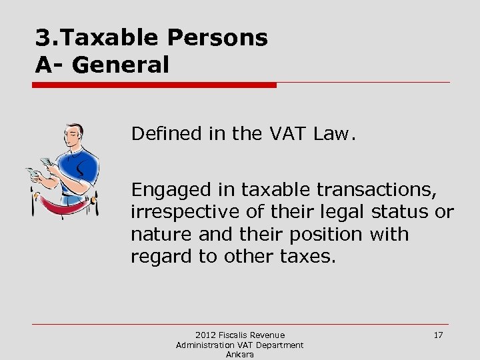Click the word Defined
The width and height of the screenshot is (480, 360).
tap(166, 134)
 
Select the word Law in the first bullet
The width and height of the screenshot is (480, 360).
tap(335, 134)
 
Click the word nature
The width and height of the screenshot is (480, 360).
tap(155, 235)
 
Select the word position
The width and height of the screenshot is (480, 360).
tap(327, 235)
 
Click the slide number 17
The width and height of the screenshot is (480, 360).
tap(438, 335)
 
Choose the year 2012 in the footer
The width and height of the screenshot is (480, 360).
tap(205, 335)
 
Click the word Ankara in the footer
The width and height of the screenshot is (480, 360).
tap(239, 355)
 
